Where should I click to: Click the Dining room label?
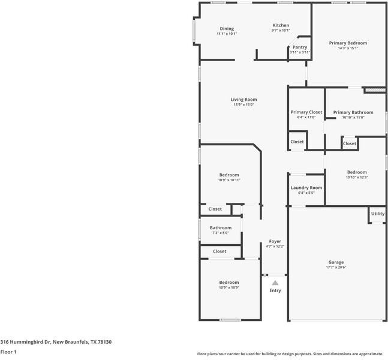227,29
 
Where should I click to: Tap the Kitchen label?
281,25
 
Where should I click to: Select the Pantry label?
300,47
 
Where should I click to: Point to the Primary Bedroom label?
348,43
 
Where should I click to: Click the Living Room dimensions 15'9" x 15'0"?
244,105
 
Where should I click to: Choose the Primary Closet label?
306,112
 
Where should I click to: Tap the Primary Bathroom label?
353,112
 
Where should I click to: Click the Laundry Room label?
306,188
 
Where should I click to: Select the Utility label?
378,214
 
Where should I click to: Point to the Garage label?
336,262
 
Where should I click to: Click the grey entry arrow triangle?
275,282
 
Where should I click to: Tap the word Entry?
275,290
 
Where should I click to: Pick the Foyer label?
275,241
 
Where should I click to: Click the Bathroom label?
221,228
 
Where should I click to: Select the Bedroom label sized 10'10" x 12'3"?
356,172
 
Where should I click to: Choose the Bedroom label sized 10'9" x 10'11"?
228,175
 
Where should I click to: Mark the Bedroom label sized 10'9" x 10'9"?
228,283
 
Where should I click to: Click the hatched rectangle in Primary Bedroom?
374,91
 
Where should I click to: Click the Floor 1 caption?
8,352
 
